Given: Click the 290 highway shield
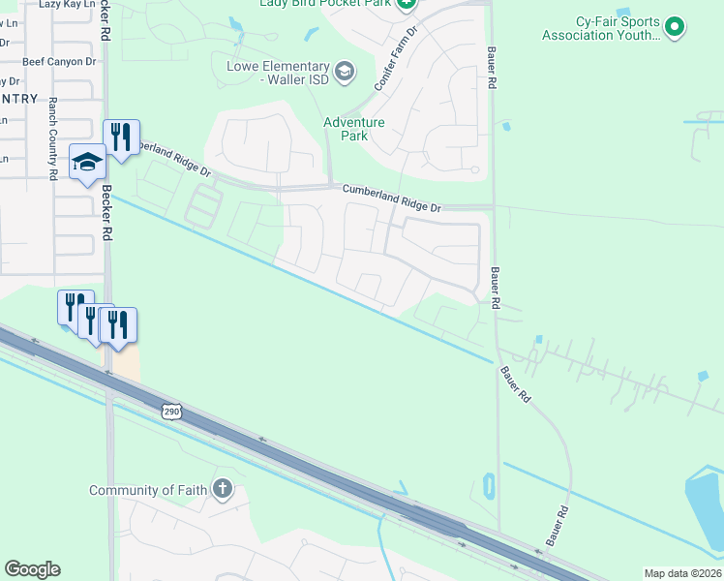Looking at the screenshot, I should [x=171, y=412].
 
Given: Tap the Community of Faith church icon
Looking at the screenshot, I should [x=223, y=488].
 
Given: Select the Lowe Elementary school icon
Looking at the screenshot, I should [x=344, y=71].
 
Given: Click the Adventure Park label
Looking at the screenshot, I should [x=354, y=129].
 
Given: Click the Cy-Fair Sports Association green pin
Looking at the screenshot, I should [x=675, y=28].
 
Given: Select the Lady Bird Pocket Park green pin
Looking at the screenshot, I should [x=407, y=4].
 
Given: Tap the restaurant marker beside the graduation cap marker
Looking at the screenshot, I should [x=122, y=138].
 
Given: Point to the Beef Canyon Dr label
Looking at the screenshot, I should [x=60, y=61].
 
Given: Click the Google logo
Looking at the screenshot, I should [x=32, y=569].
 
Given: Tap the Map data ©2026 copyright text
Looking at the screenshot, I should [x=681, y=573].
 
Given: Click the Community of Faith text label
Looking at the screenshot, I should [x=148, y=490].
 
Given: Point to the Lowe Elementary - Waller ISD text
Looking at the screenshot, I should [x=278, y=73].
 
